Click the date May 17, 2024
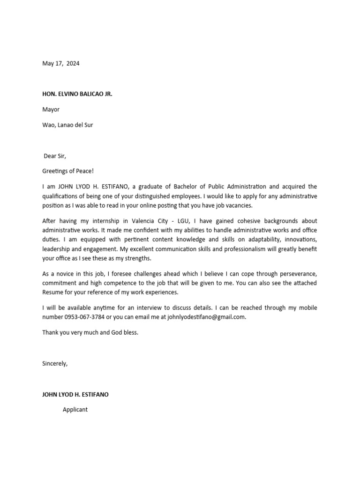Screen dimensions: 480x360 61,64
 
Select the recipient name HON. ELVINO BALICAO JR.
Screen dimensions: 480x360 77,94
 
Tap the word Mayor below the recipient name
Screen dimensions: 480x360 51,110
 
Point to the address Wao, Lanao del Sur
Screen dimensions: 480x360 67,125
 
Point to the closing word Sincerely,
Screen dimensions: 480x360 55,363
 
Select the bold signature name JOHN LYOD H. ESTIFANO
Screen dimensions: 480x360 75,394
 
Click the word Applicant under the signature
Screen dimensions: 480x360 75,410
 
